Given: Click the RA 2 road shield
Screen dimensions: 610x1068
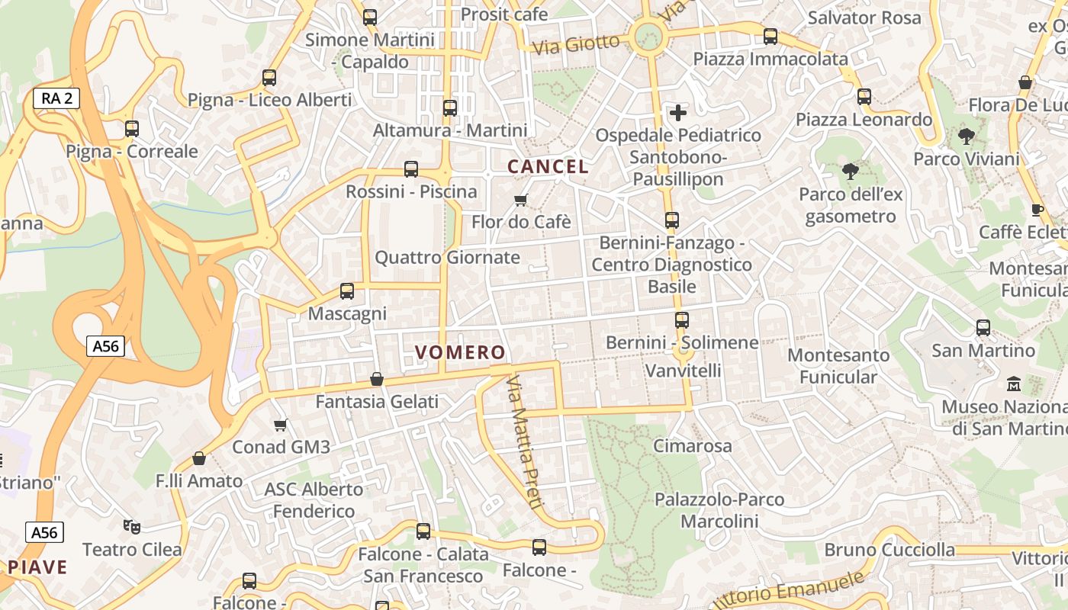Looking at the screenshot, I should pos(56,98).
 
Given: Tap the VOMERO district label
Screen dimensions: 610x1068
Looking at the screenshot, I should pos(460,352).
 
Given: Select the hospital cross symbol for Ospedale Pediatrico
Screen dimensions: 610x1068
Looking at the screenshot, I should pos(677,114).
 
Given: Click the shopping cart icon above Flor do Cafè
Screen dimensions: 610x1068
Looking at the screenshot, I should pos(521,201).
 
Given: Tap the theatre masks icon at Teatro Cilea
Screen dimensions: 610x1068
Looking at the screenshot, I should pos(132,526).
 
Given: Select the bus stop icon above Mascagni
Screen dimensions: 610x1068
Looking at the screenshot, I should pos(347,291).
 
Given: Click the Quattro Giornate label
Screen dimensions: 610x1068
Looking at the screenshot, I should pos(447,258).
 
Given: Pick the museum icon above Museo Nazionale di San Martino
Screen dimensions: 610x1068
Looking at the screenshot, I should pos(1014,384).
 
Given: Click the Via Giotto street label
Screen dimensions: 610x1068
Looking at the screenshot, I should pos(576,43).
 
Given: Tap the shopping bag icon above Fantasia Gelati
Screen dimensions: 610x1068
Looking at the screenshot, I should pos(377,379).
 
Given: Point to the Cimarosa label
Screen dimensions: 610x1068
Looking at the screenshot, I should pos(693,446).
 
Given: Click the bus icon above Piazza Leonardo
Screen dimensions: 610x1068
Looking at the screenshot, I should pos(864,97).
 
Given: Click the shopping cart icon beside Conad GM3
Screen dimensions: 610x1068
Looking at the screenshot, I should pos(281,425).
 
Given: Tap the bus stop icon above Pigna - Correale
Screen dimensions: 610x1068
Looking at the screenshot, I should pos(132,128).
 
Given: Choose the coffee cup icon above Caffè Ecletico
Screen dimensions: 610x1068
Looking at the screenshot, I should pos(1037,210).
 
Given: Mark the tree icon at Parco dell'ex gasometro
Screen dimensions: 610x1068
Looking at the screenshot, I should pos(851,172).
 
